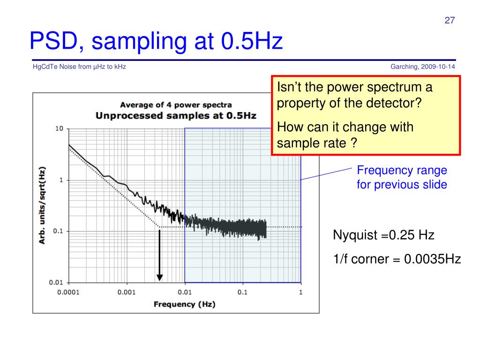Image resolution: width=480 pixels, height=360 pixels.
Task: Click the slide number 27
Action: point(450,20)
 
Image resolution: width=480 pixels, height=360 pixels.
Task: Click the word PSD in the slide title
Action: point(54,41)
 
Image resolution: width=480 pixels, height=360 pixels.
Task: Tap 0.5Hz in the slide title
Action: point(252,41)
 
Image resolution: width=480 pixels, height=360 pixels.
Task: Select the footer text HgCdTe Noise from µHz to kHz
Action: point(79,67)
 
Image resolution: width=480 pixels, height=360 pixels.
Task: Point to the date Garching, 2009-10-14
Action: point(423,67)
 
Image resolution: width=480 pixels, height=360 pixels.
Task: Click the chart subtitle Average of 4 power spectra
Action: point(176,105)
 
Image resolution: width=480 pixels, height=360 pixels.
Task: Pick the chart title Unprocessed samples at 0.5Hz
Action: point(176,116)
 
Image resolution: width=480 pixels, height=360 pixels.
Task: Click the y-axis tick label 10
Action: point(60,128)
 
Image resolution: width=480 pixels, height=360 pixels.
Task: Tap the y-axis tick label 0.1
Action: point(58,231)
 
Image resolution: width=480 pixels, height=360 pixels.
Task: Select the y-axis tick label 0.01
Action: point(56,282)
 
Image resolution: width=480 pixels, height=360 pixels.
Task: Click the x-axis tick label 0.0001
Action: point(68,292)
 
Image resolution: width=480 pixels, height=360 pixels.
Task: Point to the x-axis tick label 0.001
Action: point(127,292)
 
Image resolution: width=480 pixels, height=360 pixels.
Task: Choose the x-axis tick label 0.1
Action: point(242,292)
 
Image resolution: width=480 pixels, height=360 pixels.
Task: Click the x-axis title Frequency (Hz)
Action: point(185,304)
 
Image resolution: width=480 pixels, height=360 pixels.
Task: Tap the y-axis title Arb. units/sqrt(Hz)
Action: point(42,205)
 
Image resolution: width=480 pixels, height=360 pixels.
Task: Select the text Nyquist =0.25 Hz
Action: point(383,235)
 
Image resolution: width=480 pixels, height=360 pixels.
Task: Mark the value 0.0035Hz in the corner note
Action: point(433,259)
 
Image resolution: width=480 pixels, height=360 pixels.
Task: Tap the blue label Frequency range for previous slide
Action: point(402,177)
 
